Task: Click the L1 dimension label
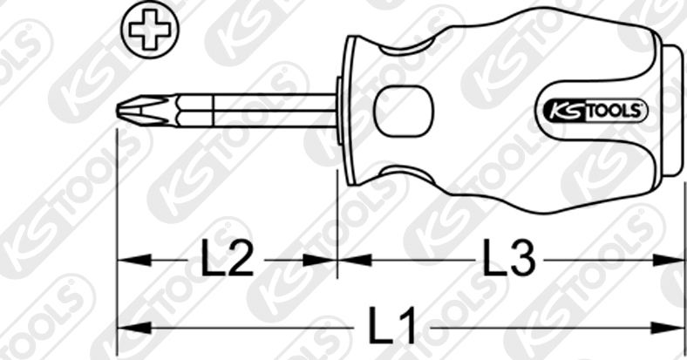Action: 392,326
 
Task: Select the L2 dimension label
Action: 228,258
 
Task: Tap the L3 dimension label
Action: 509,258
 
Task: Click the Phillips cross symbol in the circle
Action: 150,30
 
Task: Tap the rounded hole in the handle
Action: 403,111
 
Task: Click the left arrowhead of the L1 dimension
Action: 134,328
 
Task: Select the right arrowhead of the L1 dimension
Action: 667,328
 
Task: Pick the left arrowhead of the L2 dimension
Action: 134,260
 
